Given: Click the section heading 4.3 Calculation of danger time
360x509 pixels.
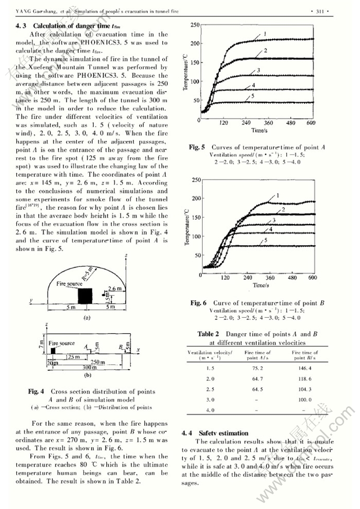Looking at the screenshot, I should (66, 25).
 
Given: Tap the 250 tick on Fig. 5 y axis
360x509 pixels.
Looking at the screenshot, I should (194, 25).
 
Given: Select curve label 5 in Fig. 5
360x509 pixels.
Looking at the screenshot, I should (253, 96).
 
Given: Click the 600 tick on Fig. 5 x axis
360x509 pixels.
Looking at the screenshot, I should (310, 123).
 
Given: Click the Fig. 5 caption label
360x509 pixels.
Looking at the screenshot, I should (196, 147).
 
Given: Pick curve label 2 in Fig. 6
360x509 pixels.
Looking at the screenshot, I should (283, 210).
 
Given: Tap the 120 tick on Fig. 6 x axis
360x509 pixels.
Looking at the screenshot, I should (226, 278).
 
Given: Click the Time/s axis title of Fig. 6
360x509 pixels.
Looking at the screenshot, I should (259, 285).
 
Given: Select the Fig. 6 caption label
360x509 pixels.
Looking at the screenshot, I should (197, 303).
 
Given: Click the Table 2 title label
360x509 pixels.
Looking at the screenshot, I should (208, 334).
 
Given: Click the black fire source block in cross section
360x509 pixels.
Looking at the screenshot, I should (85, 295).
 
